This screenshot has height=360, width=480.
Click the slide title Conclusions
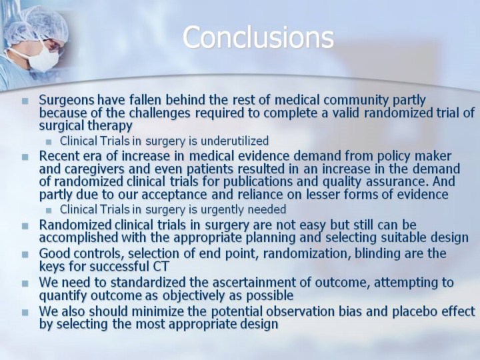tap(258, 37)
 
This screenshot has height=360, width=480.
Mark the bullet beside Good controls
tap(25, 255)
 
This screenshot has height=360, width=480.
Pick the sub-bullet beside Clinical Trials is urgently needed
tap(49, 210)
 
